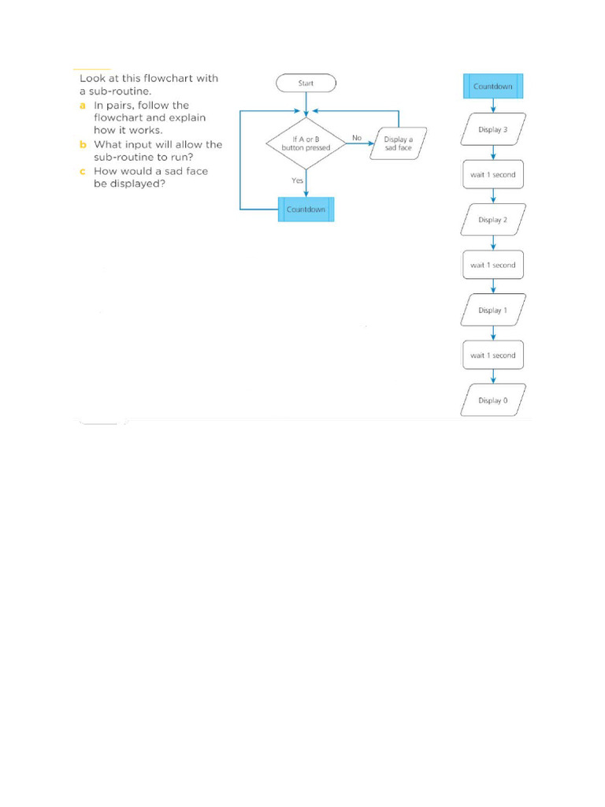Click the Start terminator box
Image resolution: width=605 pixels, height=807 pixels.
[306, 83]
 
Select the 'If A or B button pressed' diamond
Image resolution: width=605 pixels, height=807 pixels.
[306, 143]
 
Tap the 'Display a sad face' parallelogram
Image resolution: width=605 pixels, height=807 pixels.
[398, 143]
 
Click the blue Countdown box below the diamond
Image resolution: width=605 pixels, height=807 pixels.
[306, 210]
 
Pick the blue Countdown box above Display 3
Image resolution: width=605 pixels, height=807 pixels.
[493, 87]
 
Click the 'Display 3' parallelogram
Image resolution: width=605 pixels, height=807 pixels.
[493, 129]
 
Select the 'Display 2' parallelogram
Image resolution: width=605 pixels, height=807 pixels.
[493, 220]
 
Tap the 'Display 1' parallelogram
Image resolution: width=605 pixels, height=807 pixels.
[493, 311]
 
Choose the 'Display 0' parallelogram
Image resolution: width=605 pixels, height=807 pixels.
[493, 400]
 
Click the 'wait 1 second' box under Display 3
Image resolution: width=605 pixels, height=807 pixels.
[493, 174]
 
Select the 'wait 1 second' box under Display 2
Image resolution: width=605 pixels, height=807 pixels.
[493, 265]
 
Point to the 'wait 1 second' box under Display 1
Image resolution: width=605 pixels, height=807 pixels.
[493, 355]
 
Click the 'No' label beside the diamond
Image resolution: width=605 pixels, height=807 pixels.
[357, 137]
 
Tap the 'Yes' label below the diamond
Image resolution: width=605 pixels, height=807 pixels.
[297, 180]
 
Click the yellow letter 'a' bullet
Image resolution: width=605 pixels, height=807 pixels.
[82, 105]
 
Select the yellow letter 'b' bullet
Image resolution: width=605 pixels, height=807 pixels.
[82, 144]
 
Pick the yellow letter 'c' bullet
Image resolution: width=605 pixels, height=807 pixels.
[82, 171]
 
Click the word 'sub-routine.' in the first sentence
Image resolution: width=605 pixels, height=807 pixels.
[122, 91]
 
